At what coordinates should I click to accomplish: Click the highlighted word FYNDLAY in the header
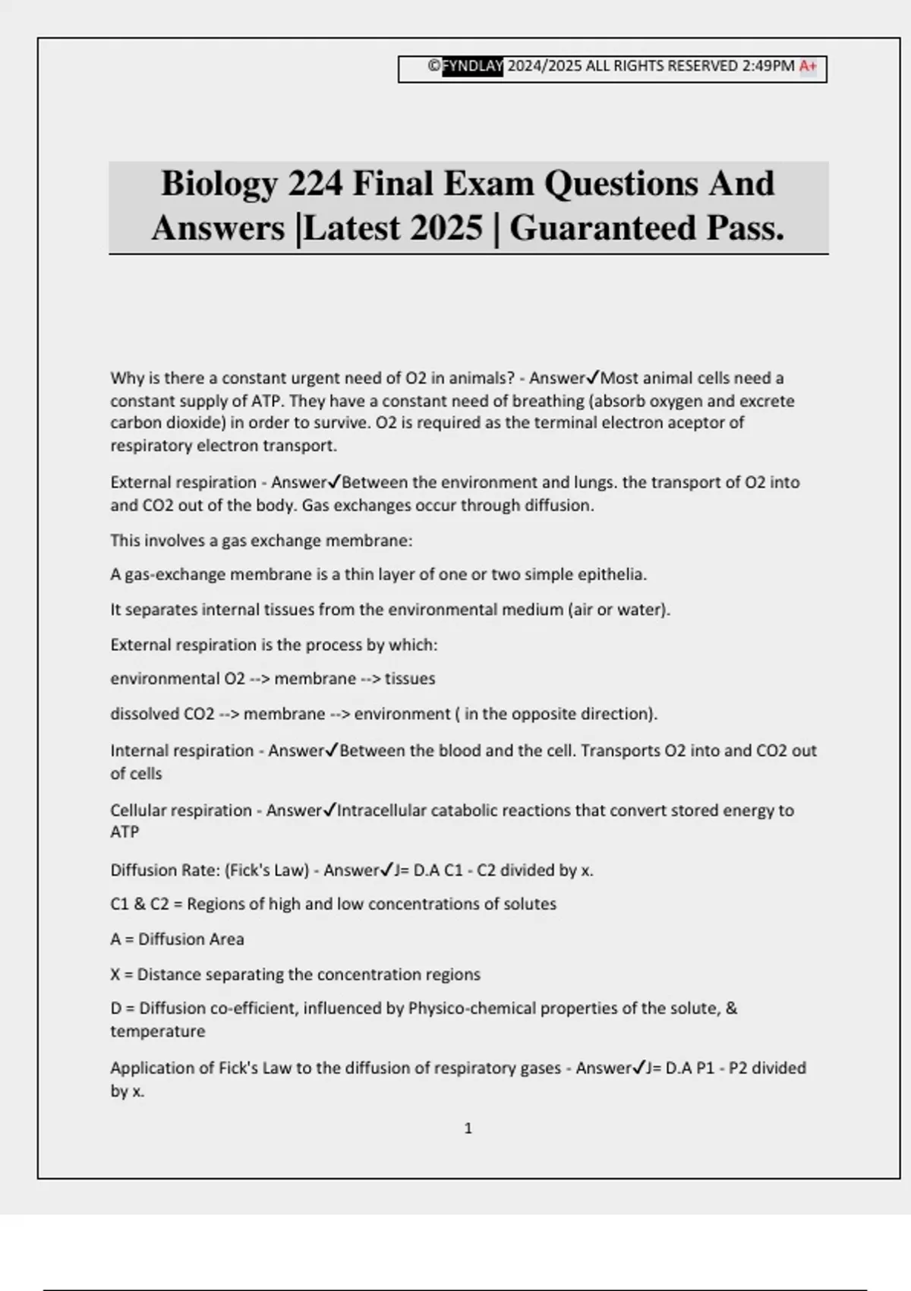coord(472,67)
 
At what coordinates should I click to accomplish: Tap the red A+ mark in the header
coord(808,67)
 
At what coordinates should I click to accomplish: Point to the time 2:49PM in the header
coord(768,67)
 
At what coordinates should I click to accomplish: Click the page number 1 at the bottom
coord(468,1128)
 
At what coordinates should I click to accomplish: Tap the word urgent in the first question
coord(314,378)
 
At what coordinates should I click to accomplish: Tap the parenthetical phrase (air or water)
coord(619,610)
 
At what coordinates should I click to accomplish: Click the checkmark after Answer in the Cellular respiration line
coord(329,810)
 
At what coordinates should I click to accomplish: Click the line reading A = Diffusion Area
coord(177,939)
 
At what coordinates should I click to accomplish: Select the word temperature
coord(158,1031)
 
